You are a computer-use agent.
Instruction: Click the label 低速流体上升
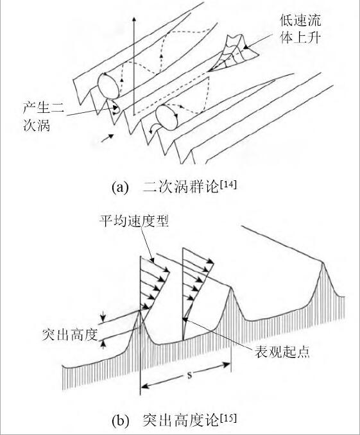300,29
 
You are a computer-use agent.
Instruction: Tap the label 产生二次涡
44,117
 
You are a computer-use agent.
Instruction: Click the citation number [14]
228,185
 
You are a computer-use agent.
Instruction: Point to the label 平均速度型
134,221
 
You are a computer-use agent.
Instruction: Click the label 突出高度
71,334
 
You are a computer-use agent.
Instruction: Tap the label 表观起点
282,352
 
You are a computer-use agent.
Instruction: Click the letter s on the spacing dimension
190,375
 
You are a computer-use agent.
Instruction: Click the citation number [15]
228,418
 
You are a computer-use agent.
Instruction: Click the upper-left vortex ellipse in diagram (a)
108,86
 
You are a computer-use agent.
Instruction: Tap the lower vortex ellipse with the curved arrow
167,117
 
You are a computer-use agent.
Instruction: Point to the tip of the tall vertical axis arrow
134,17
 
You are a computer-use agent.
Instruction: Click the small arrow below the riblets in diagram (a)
107,138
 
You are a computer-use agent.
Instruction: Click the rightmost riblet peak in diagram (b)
322,262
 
